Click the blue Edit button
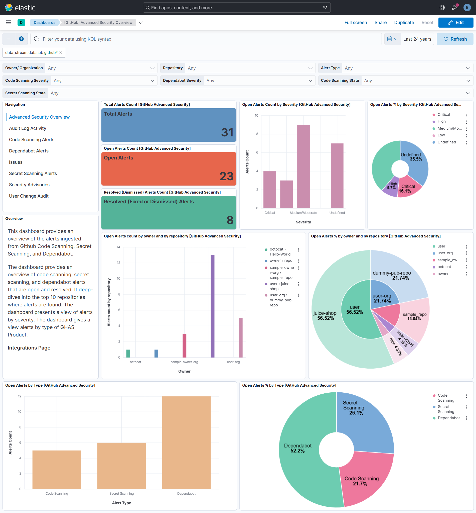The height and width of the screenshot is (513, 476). [455, 22]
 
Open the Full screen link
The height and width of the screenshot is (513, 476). [356, 22]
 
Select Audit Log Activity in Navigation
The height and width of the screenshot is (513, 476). [28, 128]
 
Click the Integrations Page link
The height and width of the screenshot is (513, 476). [29, 348]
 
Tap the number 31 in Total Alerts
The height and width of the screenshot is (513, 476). [227, 132]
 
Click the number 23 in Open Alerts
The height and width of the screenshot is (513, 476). [226, 176]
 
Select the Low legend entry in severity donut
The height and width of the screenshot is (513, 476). [441, 135]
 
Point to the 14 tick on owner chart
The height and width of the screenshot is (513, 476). [118, 247]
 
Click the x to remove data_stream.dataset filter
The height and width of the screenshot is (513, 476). [61, 53]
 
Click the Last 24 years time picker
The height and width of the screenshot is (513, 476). [417, 39]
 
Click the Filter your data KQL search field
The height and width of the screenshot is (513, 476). [206, 39]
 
